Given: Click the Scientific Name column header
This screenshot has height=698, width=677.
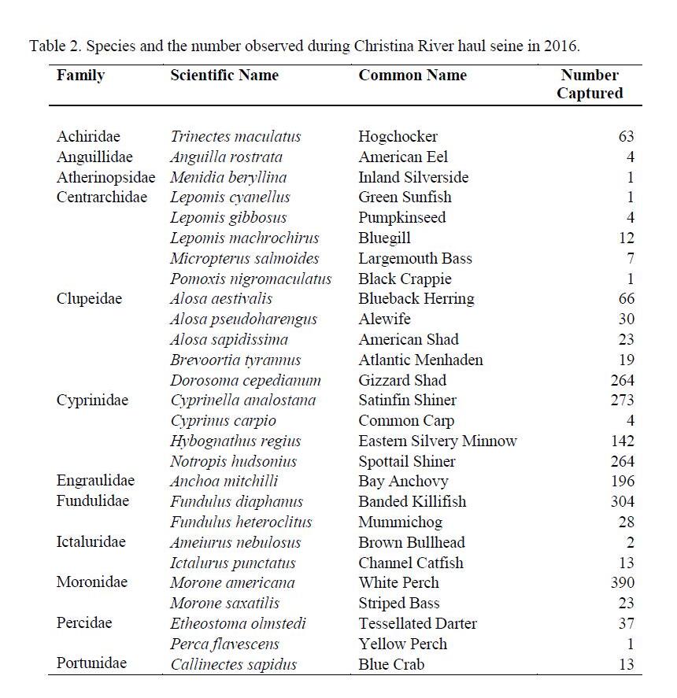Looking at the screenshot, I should [224, 76].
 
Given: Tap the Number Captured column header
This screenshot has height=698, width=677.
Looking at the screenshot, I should [590, 84].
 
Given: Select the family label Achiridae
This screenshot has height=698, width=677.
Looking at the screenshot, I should [88, 137].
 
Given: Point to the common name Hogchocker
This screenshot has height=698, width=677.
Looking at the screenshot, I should [398, 137].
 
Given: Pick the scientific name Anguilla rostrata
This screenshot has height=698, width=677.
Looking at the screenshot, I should [226, 157].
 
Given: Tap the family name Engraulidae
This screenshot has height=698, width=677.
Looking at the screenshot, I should [95, 481].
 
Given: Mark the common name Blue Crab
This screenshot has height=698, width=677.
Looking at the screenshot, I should [391, 664].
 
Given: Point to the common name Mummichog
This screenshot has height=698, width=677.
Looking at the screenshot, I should [400, 522].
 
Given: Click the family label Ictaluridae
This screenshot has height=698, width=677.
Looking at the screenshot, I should [91, 542].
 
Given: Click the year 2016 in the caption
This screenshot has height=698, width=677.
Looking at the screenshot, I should [560, 46].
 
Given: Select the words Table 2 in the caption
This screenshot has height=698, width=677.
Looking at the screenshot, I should [54, 46].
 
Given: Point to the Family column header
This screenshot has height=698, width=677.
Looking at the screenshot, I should [80, 76].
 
